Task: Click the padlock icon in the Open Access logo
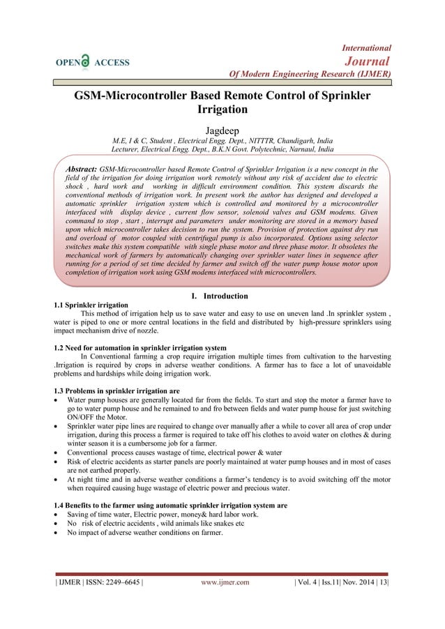pos(85,61)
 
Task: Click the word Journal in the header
pos(370,61)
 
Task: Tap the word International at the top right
pos(366,47)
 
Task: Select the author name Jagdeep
pos(222,130)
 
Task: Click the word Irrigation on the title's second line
pos(222,109)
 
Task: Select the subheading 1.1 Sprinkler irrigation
pos(91,305)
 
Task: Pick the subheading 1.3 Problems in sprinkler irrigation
pos(116,389)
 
